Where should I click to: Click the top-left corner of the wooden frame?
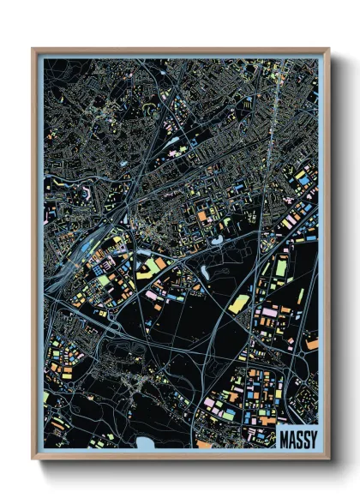point(33,49)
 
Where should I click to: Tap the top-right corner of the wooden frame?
point(328,49)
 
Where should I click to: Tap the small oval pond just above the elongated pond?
point(214,241)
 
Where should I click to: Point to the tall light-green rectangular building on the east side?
point(281,267)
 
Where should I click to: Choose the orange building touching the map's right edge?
point(312,345)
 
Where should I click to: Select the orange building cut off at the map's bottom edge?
point(203,445)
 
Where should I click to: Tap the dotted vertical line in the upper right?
point(273,111)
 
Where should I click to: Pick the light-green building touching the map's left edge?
point(46,397)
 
